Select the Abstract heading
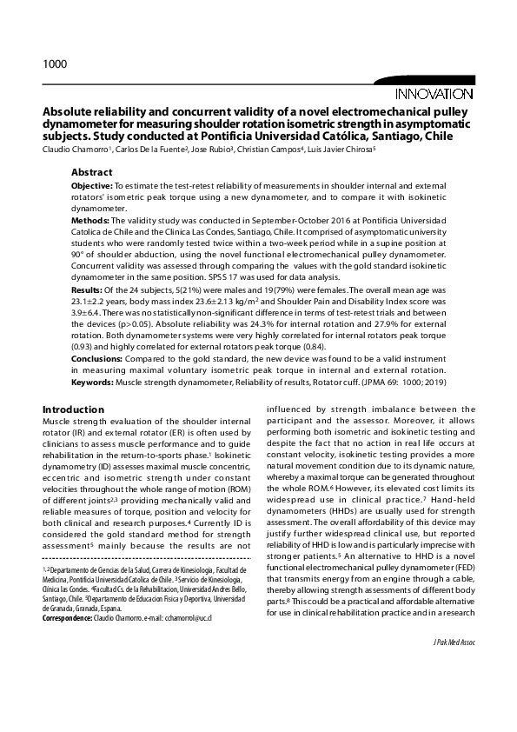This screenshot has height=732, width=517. [91, 172]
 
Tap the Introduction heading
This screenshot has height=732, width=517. [74, 409]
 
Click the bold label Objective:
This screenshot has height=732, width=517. [91, 187]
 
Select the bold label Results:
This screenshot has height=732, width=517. [89, 287]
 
